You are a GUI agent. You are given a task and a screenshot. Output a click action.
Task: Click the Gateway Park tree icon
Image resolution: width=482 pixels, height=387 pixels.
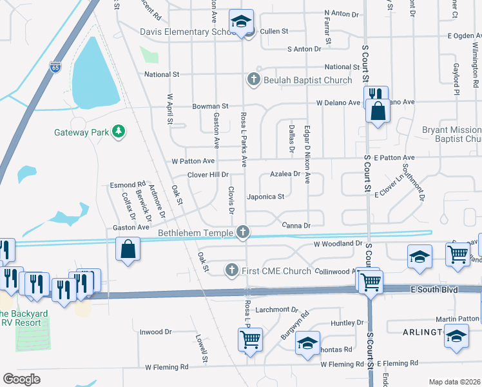click(x=118, y=132)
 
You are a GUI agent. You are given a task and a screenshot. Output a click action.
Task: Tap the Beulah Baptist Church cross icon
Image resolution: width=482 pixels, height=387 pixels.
click(x=253, y=80)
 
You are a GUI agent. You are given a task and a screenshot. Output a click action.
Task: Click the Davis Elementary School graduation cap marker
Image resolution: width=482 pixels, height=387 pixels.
click(x=242, y=23)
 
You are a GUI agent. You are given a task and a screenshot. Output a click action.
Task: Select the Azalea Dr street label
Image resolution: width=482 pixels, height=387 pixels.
click(x=285, y=174)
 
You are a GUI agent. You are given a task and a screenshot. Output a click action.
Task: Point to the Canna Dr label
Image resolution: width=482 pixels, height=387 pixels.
click(x=296, y=226)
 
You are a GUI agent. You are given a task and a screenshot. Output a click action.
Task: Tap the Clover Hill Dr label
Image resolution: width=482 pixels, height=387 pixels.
click(x=208, y=175)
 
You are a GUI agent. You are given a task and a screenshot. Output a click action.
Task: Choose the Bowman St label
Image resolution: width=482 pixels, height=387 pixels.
click(x=210, y=106)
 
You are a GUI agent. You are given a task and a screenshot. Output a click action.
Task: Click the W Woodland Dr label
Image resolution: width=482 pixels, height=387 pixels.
click(x=338, y=244)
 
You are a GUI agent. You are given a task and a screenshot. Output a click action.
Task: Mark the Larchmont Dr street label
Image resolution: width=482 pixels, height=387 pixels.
click(x=278, y=310)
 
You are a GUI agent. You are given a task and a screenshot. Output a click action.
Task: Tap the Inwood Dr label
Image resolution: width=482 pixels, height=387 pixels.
click(x=155, y=332)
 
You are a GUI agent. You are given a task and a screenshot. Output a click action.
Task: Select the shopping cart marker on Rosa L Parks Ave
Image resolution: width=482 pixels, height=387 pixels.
click(x=250, y=339)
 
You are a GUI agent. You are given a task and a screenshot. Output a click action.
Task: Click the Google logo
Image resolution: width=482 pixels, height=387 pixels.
click(x=21, y=379)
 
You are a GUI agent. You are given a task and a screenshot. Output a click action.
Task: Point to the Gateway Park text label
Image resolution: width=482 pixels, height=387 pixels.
click(x=81, y=133)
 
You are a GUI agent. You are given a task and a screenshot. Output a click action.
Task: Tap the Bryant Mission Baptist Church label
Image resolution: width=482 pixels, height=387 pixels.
click(x=451, y=134)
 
